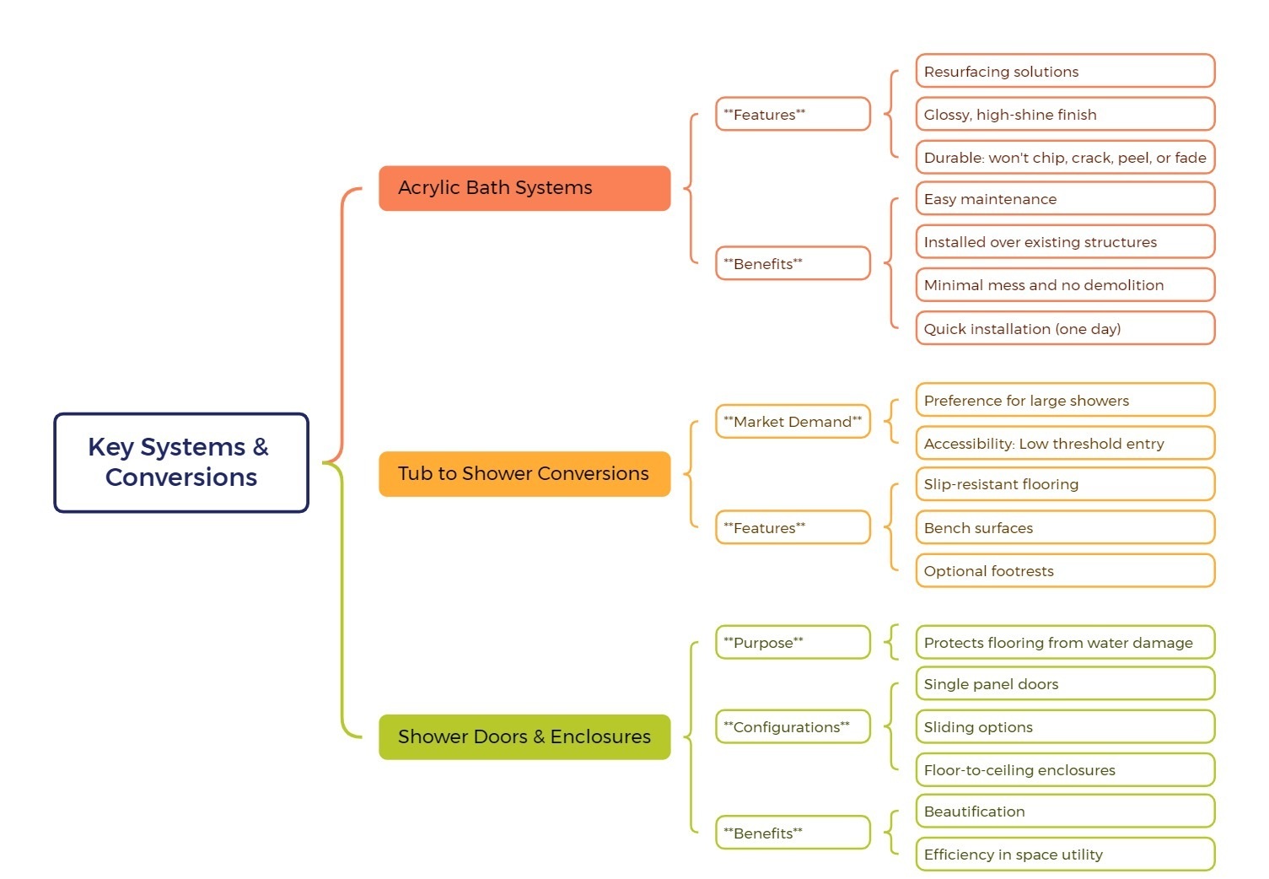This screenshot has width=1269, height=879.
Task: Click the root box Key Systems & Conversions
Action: [x=181, y=462]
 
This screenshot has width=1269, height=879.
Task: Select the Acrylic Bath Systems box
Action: [x=524, y=188]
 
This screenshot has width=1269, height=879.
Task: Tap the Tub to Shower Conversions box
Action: [x=524, y=474]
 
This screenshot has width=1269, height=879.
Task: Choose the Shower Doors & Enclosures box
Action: [x=524, y=737]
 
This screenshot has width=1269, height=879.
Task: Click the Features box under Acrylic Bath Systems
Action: [x=792, y=115]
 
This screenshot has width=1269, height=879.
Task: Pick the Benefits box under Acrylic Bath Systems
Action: [x=792, y=264]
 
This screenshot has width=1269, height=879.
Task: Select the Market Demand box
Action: [x=792, y=422]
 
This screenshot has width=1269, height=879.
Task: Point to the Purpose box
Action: [x=792, y=643]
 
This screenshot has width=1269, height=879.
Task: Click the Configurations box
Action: [x=792, y=727]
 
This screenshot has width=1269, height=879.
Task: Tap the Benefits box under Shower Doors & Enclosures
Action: [x=792, y=833]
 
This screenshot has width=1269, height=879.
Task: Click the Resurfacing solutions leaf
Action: [x=1064, y=72]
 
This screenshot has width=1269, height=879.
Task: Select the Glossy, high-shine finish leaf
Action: [x=1064, y=115]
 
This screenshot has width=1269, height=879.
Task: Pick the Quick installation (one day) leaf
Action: [x=1064, y=329]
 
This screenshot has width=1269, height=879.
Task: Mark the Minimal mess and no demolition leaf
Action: [x=1064, y=285]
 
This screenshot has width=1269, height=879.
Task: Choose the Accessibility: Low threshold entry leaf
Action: [x=1064, y=444]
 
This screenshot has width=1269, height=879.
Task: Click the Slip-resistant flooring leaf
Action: [x=1064, y=484]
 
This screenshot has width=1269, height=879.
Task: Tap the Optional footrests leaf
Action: [x=1064, y=571]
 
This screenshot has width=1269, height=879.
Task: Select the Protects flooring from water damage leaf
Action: [x=1064, y=643]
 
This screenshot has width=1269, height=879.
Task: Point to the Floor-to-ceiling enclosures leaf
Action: [x=1064, y=770]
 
